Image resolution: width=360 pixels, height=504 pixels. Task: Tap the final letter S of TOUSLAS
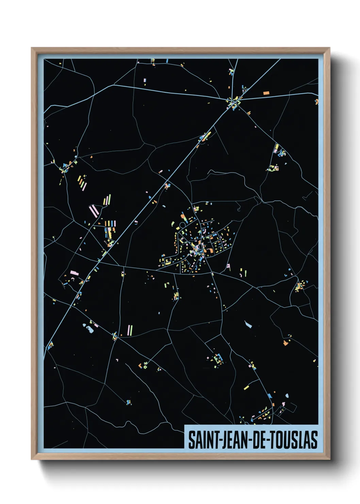tap(314, 440)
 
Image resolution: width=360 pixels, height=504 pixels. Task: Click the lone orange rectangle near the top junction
tap(266, 93)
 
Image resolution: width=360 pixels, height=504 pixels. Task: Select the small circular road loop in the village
tap(182, 225)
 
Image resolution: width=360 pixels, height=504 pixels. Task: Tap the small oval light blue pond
tap(287, 396)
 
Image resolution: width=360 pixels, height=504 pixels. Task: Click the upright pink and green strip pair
tap(130, 330)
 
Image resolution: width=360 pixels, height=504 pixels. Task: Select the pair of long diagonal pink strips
tap(94, 211)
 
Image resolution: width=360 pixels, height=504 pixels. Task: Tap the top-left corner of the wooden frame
tap(32, 48)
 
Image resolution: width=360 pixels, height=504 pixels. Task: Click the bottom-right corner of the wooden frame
tap(329, 459)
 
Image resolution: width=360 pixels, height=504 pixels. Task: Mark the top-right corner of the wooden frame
tap(329, 48)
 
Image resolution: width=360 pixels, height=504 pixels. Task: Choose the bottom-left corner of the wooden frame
tap(32, 459)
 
